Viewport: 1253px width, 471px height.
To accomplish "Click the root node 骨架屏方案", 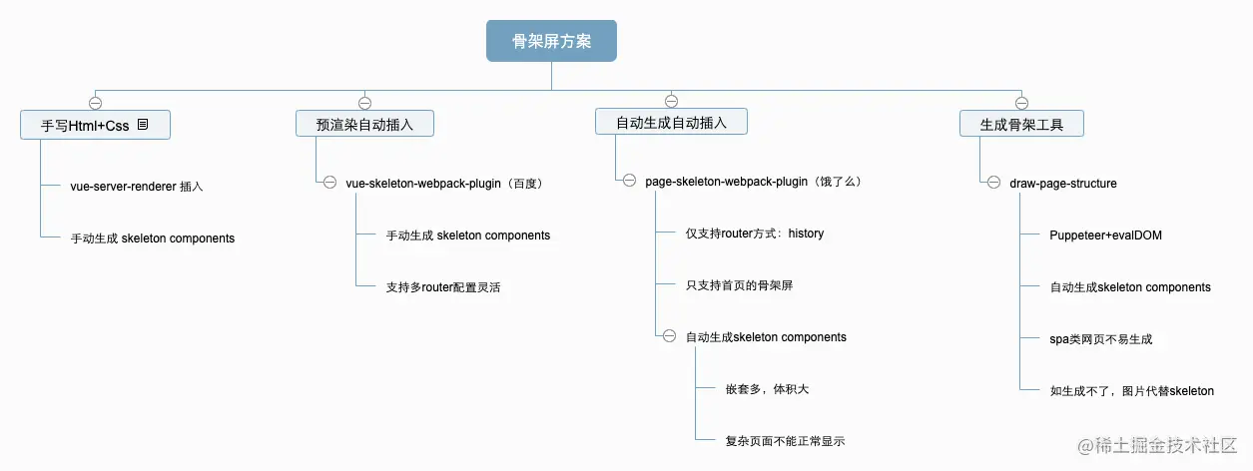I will tap(551, 41).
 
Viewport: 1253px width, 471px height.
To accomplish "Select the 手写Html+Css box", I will tap(95, 125).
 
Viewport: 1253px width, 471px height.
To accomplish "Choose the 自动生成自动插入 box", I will tap(671, 123).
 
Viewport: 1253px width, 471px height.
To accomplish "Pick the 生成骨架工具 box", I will tap(1020, 124).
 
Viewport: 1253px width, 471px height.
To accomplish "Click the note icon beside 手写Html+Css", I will tap(143, 125).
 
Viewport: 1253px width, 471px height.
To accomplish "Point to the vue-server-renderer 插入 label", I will tap(136, 186).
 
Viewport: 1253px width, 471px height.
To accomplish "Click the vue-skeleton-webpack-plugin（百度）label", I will tap(443, 184).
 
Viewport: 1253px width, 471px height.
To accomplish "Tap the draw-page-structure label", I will tap(1063, 184).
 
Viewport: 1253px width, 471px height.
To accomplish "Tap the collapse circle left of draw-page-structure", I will tap(993, 184).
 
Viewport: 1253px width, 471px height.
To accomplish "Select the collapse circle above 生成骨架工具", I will tap(1020, 102).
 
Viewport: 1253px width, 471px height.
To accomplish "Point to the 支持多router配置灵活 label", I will tap(443, 287).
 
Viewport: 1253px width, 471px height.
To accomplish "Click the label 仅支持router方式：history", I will tap(754, 234).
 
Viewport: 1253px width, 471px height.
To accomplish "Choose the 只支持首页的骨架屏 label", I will tap(739, 285).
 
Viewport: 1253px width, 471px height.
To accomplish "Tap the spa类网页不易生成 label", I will tap(1101, 339).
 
